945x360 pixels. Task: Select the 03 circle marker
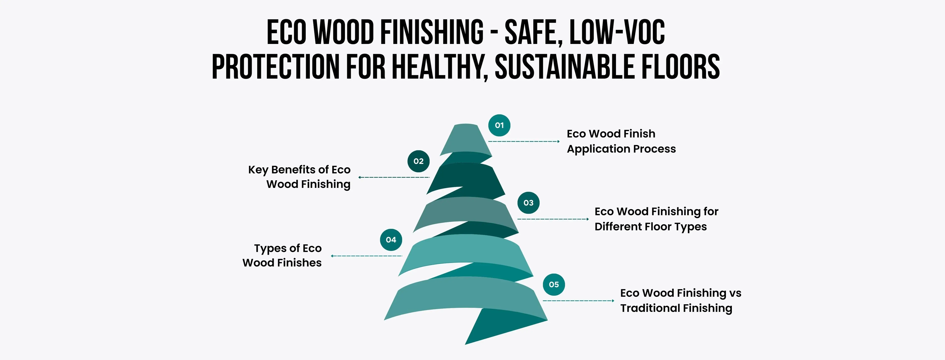coord(528,203)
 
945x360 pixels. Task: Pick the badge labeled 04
coord(391,240)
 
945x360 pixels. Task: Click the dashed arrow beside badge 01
coord(524,141)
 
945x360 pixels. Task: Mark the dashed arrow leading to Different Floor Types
coord(553,219)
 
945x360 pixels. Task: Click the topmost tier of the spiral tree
coord(466,140)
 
